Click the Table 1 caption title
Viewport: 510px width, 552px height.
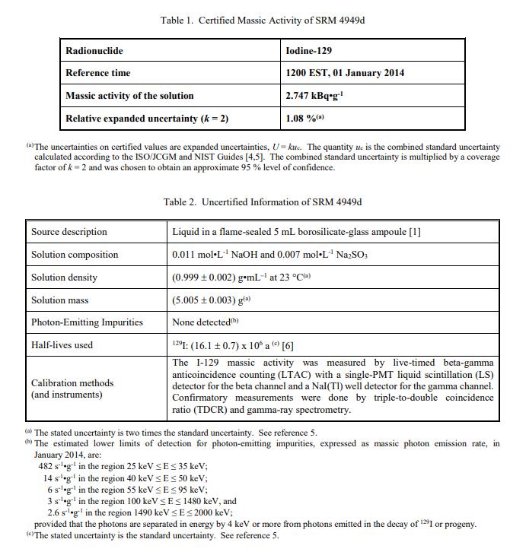(x=263, y=20)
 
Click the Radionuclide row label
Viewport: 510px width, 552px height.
(x=94, y=51)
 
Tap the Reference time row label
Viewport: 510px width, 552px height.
(x=97, y=73)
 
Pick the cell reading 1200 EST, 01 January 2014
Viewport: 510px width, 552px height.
(x=345, y=73)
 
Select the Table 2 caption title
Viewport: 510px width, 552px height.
(x=263, y=201)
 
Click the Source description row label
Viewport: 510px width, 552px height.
(x=69, y=232)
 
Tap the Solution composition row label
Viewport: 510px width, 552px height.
(x=75, y=255)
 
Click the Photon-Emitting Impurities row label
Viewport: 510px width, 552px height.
(x=87, y=322)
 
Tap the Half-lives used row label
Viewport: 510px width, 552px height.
(x=62, y=345)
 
